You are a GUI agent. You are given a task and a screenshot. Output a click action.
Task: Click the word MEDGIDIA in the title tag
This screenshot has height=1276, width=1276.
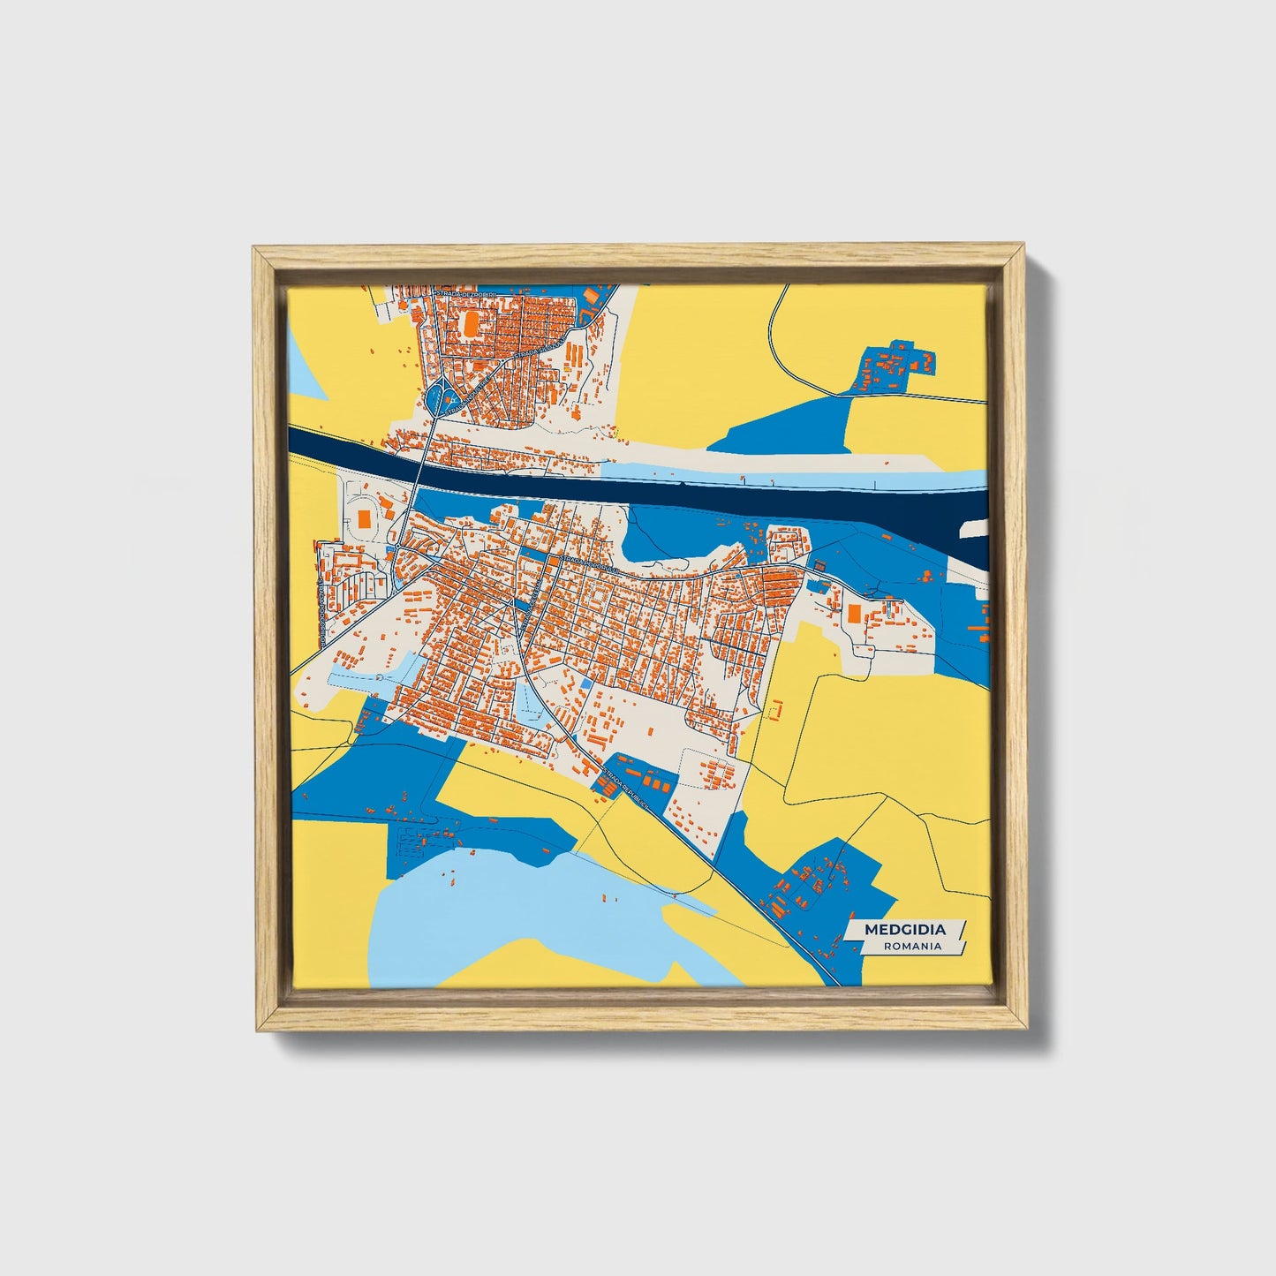(x=904, y=929)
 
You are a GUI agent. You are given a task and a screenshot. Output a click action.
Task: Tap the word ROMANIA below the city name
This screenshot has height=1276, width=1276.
(x=913, y=946)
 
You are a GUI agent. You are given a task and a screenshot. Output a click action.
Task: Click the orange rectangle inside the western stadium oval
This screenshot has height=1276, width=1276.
(x=364, y=518)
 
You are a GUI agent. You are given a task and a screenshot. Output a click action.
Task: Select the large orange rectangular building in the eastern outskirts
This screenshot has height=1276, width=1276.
(x=854, y=612)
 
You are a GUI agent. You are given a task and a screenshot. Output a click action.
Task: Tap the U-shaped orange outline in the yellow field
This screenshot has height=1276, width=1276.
(x=775, y=708)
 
